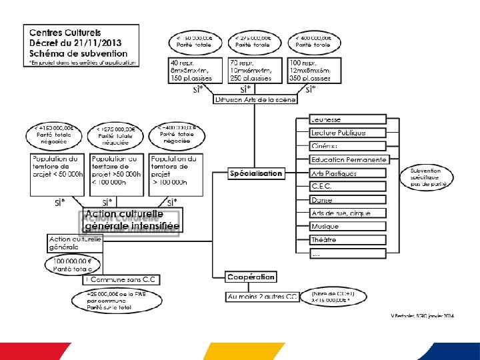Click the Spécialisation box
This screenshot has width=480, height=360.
click(x=256, y=173)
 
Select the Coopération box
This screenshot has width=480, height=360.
click(x=251, y=277)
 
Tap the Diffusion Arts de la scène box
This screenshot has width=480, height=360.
click(x=255, y=99)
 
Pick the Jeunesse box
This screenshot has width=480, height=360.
click(x=347, y=120)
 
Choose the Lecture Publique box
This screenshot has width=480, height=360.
click(x=347, y=133)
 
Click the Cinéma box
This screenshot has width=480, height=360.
click(x=347, y=146)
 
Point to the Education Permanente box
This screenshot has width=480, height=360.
click(x=348, y=160)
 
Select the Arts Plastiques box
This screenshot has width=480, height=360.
click(x=347, y=173)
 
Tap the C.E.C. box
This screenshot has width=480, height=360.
click(x=347, y=186)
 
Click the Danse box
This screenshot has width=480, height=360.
click(x=347, y=199)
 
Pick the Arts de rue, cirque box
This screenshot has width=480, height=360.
click(x=347, y=213)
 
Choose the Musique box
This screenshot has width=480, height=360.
click(x=347, y=227)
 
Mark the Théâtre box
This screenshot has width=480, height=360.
click(x=347, y=240)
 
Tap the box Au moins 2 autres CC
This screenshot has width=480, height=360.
click(x=263, y=297)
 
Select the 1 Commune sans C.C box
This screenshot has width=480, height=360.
click(x=123, y=280)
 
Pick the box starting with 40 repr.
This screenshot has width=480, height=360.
click(x=194, y=70)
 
